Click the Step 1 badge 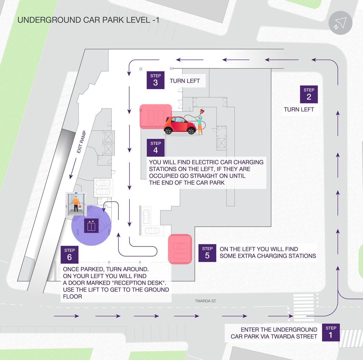coord(331,332)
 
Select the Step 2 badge coord(309,94)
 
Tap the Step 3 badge coord(156,80)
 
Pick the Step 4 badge coord(156,148)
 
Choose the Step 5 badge coord(207,253)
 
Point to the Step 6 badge coord(69,255)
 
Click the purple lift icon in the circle coord(91,226)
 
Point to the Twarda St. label coord(206,301)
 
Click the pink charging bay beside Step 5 coord(180,249)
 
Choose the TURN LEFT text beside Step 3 coord(185,81)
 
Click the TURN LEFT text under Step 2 coord(299,109)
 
